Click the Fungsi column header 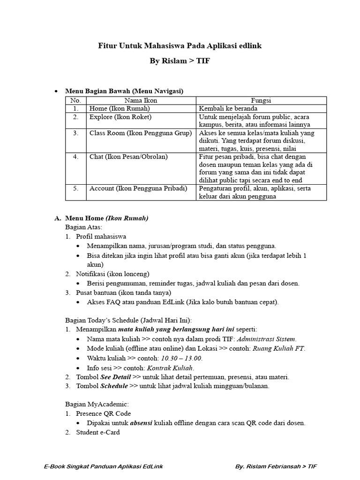point(261,100)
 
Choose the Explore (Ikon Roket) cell point(120,117)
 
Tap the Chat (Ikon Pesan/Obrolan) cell point(128,157)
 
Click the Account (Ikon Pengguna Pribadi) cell point(138,188)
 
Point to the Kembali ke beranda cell point(228,108)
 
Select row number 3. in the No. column point(75,133)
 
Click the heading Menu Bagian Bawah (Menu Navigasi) point(124,90)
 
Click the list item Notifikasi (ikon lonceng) point(112,274)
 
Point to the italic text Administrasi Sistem point(266,339)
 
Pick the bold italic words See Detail point(116,376)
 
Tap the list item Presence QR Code point(104,413)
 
